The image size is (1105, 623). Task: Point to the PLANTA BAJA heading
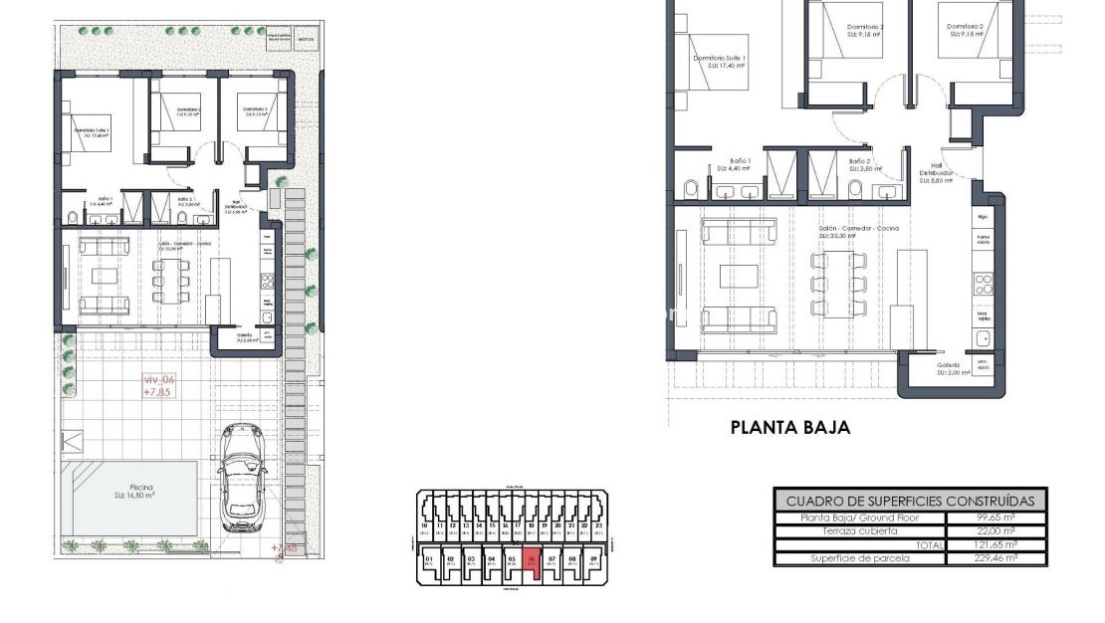(x=789, y=428)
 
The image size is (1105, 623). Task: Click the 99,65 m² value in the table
(x=995, y=518)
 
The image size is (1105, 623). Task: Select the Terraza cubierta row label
(x=841, y=530)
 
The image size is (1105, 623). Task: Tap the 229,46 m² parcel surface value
(x=995, y=558)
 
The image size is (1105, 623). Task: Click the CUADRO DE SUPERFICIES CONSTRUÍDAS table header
(x=910, y=502)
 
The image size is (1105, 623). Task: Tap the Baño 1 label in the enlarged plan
(x=739, y=161)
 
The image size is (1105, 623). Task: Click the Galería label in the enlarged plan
(x=947, y=364)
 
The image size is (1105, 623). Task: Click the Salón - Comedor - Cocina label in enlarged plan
(x=858, y=228)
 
